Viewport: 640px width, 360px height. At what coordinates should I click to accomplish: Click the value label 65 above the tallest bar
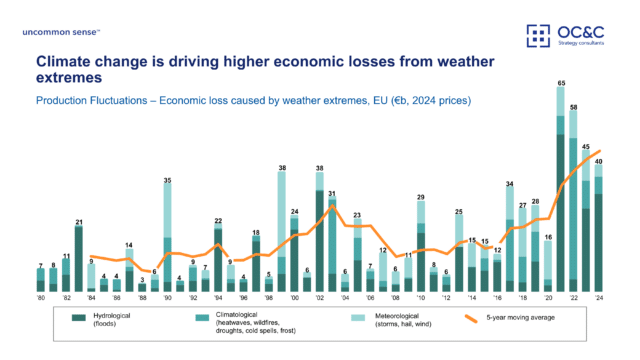coord(561,82)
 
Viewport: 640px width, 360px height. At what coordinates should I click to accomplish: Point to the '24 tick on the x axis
coord(599,298)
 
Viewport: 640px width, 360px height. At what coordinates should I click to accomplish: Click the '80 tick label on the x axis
coord(41,298)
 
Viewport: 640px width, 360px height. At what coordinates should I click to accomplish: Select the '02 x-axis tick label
coord(320,298)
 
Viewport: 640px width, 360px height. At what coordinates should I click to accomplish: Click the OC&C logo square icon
coord(539,36)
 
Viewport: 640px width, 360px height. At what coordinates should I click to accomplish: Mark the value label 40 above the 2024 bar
coord(598,160)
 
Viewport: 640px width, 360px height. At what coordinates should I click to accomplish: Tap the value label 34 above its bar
coord(510,184)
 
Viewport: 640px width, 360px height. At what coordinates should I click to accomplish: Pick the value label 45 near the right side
coord(586,145)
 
